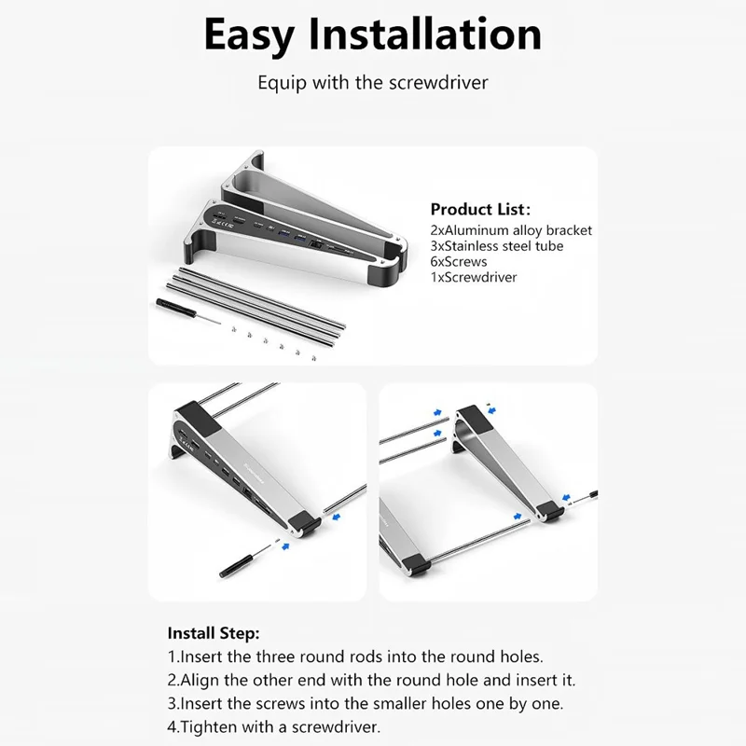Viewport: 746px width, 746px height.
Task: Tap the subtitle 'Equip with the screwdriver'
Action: point(373,82)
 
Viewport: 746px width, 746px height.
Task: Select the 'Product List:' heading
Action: point(479,210)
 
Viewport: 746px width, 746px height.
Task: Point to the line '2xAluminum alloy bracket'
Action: point(511,230)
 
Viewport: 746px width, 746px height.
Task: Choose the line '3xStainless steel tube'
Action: point(496,246)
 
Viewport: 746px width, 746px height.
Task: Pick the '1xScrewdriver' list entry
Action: point(473,277)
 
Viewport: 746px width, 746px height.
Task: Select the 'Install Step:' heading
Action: point(214,632)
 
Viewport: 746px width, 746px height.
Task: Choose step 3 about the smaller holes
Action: point(365,703)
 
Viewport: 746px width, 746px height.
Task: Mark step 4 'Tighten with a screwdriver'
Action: point(274,727)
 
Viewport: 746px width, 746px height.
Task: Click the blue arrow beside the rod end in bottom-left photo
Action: point(338,512)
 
